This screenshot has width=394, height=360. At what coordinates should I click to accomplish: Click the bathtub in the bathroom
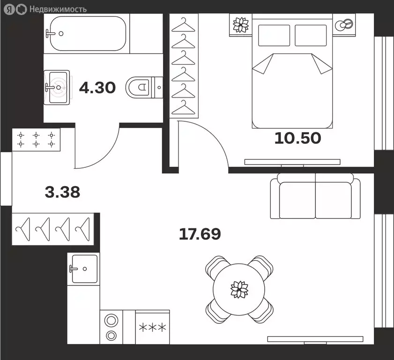point(88,33)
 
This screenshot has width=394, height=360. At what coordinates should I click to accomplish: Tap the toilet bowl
point(138,87)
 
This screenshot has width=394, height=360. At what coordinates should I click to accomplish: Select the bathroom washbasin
point(57,87)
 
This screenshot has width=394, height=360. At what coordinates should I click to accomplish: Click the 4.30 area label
point(97,88)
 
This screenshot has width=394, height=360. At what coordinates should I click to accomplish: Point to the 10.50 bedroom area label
point(298,138)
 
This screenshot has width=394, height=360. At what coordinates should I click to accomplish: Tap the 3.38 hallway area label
point(63,192)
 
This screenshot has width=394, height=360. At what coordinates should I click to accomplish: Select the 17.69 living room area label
point(200,234)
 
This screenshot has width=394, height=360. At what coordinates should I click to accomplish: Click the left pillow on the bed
point(274,36)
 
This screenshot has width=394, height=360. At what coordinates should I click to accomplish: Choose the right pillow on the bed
point(311,36)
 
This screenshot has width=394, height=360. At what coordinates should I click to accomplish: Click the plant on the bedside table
point(241,25)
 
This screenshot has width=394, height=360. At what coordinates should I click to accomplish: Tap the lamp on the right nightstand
point(344,25)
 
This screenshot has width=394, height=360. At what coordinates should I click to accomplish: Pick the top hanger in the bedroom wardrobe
point(184,25)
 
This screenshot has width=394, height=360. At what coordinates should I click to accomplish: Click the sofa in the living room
point(315,196)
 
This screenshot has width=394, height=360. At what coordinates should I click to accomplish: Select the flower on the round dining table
point(239,289)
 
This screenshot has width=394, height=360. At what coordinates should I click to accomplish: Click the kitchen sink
point(83,269)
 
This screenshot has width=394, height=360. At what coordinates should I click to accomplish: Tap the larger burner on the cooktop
point(111,321)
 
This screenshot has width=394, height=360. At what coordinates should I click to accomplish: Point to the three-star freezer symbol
point(153,328)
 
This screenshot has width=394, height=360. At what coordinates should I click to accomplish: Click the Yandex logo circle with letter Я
point(10,9)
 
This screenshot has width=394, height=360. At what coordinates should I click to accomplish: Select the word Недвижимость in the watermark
point(58,9)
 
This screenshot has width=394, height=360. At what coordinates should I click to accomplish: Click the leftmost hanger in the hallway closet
point(23,229)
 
